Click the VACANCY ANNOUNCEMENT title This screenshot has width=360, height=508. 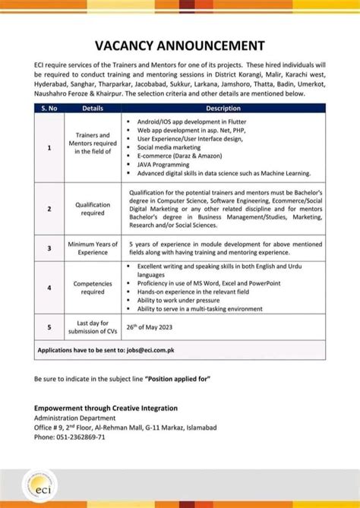(180, 45)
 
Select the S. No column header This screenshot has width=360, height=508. (49, 109)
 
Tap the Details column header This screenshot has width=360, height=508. (93, 109)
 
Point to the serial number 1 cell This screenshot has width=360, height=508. (49, 148)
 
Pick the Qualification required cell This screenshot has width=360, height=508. (93, 209)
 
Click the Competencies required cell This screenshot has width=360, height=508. (93, 288)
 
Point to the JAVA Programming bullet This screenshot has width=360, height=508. (163, 165)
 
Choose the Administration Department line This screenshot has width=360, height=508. (77, 418)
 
